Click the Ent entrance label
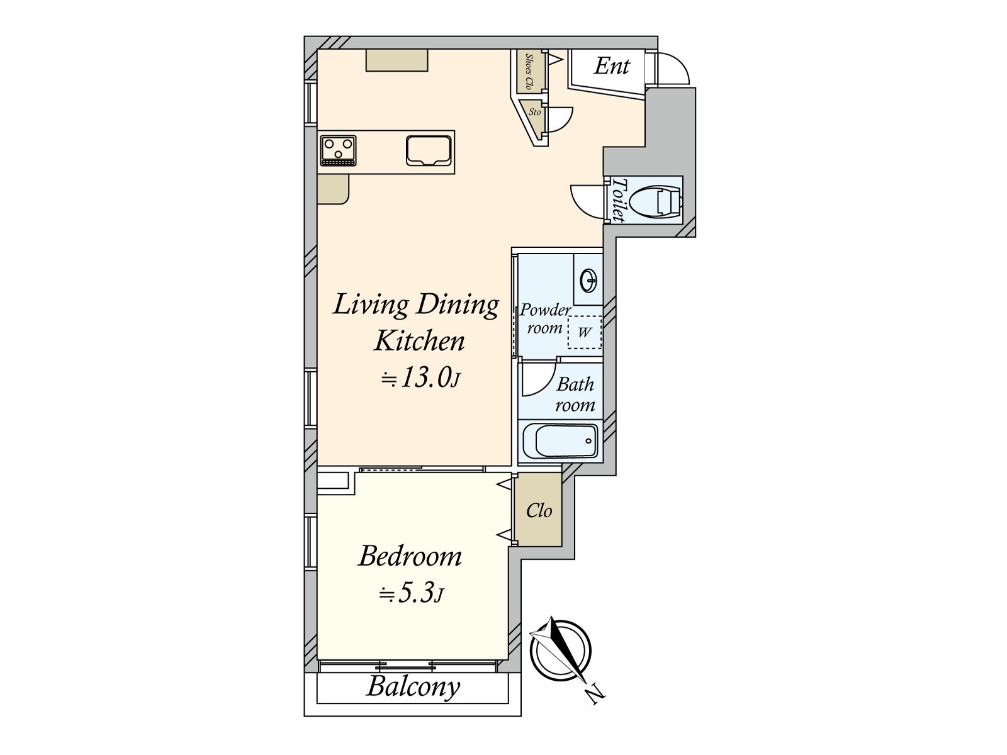click(612, 66)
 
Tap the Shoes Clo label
click(529, 71)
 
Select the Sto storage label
click(534, 112)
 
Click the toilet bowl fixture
click(655, 200)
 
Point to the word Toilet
click(619, 200)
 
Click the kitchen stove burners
click(338, 150)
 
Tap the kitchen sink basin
click(427, 150)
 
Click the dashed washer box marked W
click(585, 332)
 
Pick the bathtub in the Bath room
click(560, 440)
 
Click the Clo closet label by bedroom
click(539, 510)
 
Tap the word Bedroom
click(410, 556)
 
